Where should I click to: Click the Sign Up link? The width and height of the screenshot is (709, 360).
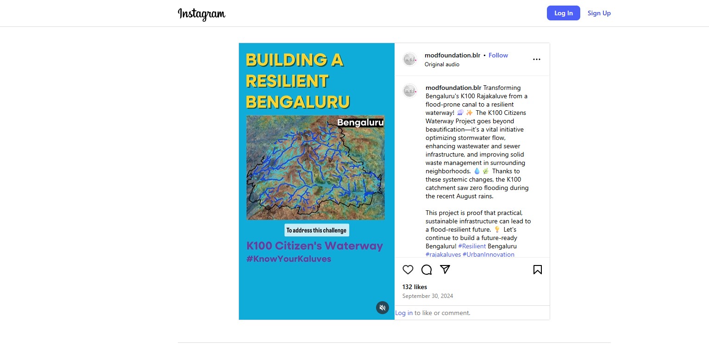599,13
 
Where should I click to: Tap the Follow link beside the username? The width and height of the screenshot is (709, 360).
498,55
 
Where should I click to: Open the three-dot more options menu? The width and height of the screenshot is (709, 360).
536,59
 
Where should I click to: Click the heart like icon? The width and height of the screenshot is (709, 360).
408,270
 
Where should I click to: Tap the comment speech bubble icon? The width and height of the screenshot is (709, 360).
427,270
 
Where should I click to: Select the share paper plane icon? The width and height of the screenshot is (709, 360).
445,270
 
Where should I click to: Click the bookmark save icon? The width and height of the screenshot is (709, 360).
537,270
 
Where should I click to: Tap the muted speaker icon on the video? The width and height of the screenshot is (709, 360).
382,308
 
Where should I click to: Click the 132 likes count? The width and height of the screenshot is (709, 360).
414,287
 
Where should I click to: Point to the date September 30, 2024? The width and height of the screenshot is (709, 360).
427,296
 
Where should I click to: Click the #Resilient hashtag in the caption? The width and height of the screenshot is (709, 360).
472,246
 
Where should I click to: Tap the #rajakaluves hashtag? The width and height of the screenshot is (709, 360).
443,254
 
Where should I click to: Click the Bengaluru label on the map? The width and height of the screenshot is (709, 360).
360,122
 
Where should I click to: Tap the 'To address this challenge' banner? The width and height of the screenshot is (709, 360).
316,230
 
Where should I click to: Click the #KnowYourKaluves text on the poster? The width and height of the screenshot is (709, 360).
289,259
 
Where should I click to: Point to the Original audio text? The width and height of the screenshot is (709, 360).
442,64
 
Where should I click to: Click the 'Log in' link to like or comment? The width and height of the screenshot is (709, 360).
404,313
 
